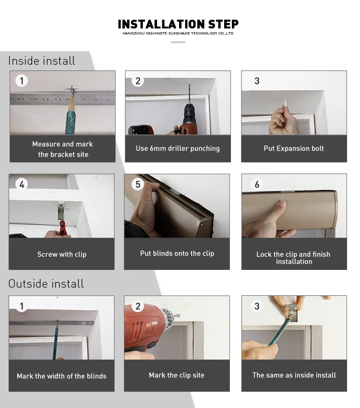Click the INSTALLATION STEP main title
pyautogui.click(x=178, y=24)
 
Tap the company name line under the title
pyautogui.click(x=178, y=33)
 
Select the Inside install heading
pyautogui.click(x=42, y=61)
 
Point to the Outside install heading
pyautogui.click(x=46, y=284)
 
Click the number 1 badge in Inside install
pyautogui.click(x=22, y=81)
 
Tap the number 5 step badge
pyautogui.click(x=138, y=184)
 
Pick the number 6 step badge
pyautogui.click(x=257, y=184)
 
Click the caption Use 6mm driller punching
pyautogui.click(x=178, y=148)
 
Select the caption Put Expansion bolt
pyautogui.click(x=294, y=148)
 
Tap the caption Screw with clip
pyautogui.click(x=62, y=254)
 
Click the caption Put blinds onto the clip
pyautogui.click(x=177, y=254)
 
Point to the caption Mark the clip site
pyautogui.click(x=177, y=375)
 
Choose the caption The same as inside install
pyautogui.click(x=294, y=375)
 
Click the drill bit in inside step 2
pyautogui.click(x=190, y=93)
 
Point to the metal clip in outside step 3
pyautogui.click(x=292, y=311)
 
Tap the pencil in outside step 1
pyautogui.click(x=56, y=339)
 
